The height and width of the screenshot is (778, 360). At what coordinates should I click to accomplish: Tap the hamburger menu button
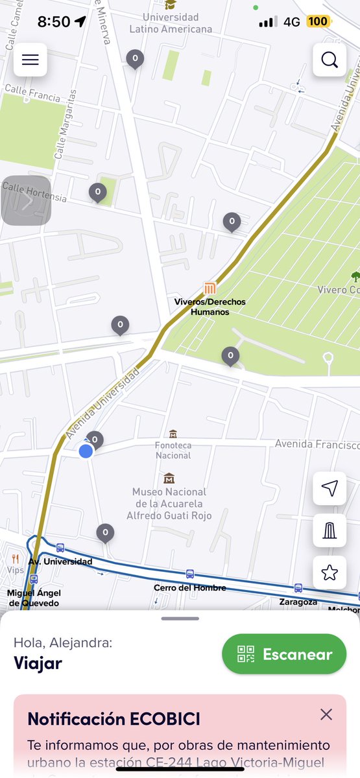(x=30, y=60)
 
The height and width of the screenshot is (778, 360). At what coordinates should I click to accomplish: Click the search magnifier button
(x=330, y=60)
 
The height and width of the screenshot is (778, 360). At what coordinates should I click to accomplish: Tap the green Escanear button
(x=285, y=654)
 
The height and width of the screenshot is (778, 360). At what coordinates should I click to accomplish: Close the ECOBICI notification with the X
(x=326, y=714)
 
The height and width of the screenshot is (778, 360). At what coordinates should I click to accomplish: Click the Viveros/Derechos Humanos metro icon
(x=210, y=289)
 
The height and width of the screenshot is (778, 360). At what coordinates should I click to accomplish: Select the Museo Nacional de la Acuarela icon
(x=169, y=478)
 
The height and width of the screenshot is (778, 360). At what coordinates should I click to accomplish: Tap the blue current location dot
(x=86, y=451)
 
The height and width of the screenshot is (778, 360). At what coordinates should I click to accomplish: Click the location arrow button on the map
(x=330, y=488)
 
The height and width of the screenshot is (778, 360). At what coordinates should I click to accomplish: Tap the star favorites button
(x=330, y=572)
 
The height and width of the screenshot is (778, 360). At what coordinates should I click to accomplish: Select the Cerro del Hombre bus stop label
(x=189, y=587)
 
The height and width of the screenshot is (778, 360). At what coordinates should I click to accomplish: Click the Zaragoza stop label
(x=298, y=602)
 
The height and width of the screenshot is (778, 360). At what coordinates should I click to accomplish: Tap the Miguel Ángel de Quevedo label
(x=33, y=598)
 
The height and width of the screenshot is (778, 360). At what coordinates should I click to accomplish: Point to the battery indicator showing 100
(x=318, y=21)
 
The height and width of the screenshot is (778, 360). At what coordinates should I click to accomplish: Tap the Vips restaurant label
(x=16, y=570)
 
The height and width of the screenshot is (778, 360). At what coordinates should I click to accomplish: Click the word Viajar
(x=38, y=663)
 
